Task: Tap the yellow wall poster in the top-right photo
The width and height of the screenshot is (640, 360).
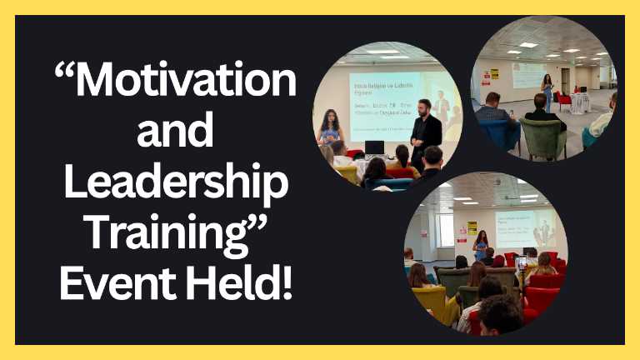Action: pos(494,73)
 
